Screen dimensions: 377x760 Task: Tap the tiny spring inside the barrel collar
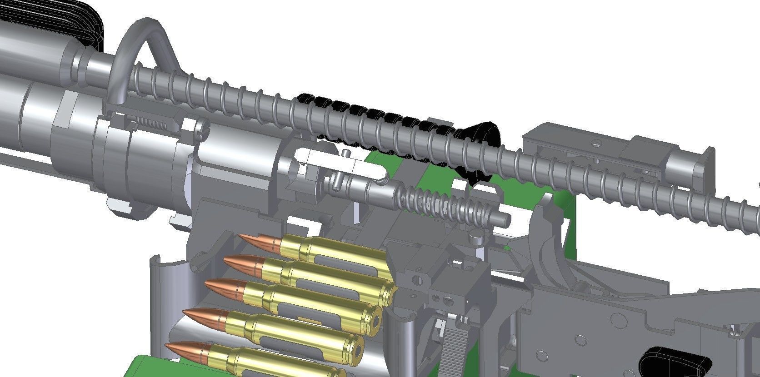point(151,123)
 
